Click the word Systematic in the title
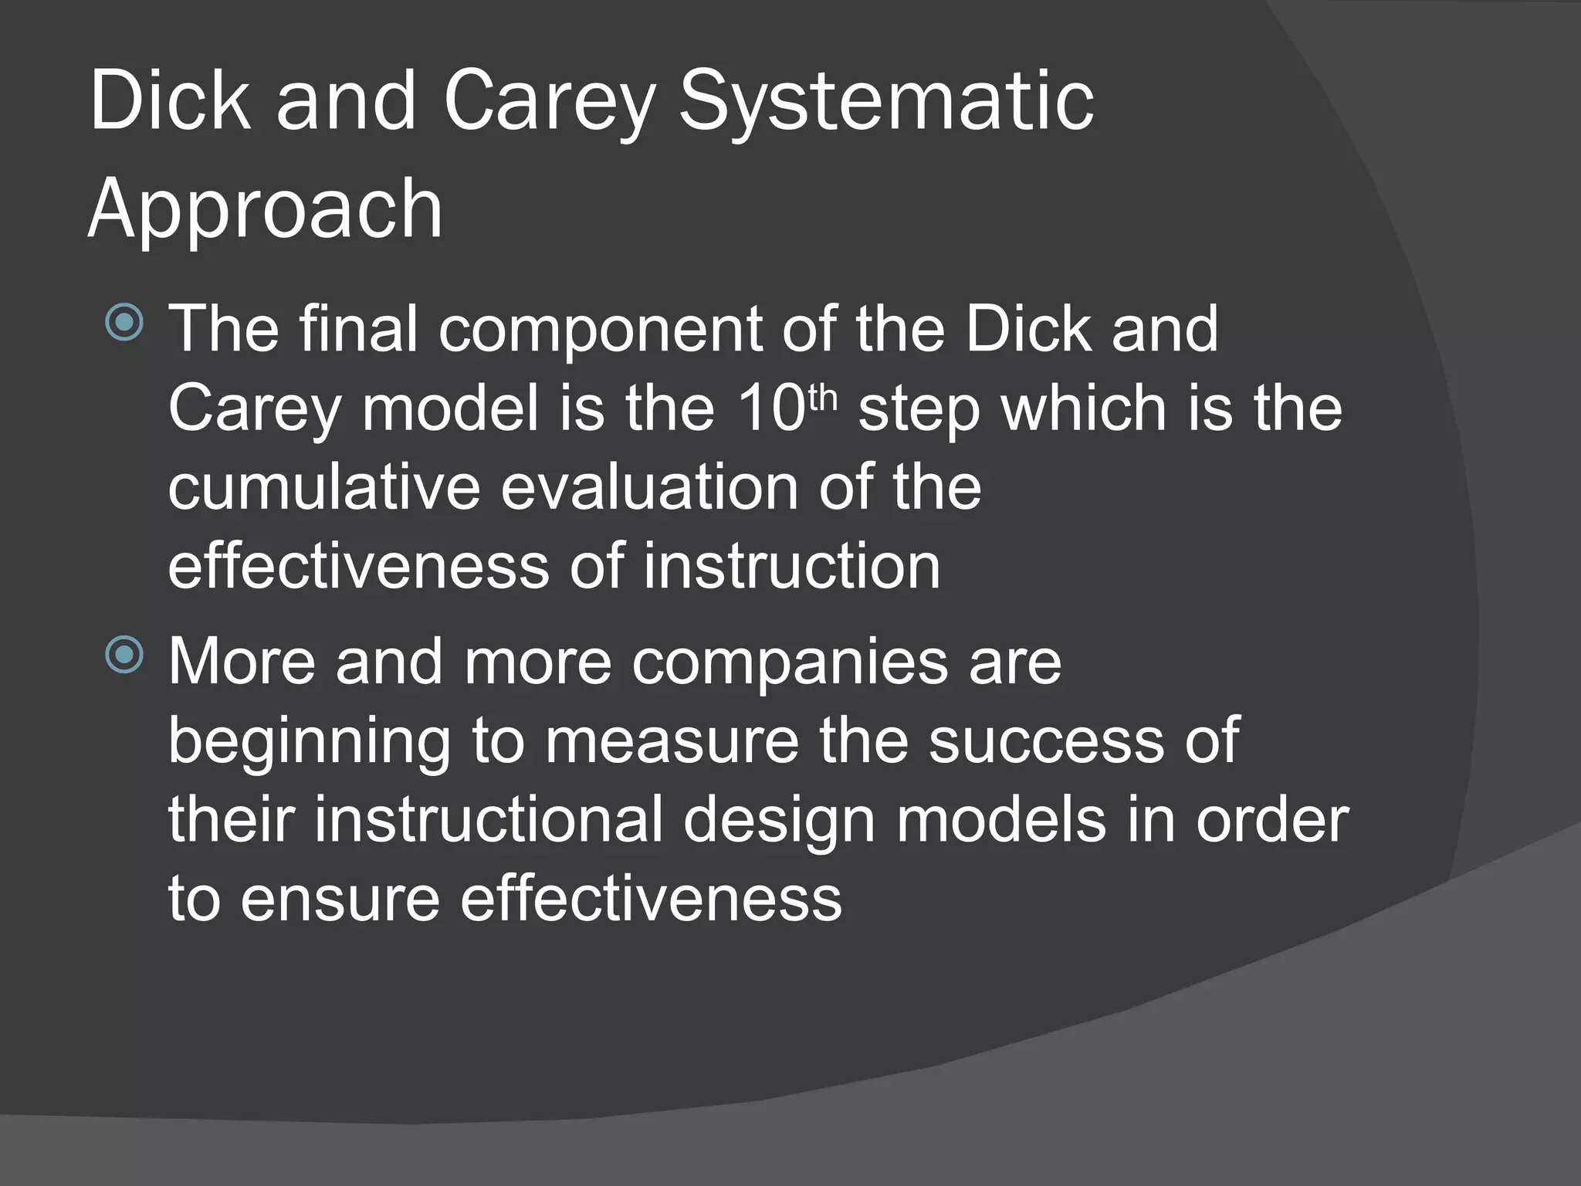click(x=885, y=104)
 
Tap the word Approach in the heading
click(x=266, y=210)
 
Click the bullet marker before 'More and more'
click(x=124, y=656)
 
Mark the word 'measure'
click(x=672, y=741)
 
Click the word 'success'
click(x=1045, y=741)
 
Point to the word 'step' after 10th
click(x=919, y=411)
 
